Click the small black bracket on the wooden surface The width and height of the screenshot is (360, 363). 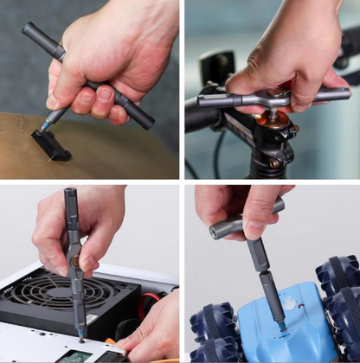51,144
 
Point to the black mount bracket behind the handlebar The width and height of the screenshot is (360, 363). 216,67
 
